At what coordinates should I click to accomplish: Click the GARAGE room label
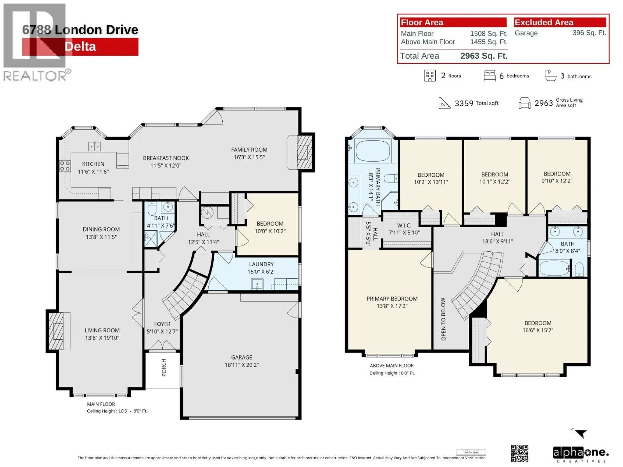pyautogui.click(x=241, y=357)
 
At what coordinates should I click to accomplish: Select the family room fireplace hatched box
pyautogui.click(x=305, y=152)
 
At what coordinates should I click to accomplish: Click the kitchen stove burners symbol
pyautogui.click(x=65, y=166)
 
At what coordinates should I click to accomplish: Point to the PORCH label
pyautogui.click(x=164, y=367)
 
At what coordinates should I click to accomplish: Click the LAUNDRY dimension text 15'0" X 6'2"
pyautogui.click(x=261, y=272)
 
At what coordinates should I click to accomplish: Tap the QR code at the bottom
pyautogui.click(x=519, y=453)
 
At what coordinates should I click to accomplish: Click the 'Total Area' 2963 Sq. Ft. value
pyautogui.click(x=484, y=56)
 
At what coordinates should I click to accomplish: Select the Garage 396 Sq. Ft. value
pyautogui.click(x=589, y=33)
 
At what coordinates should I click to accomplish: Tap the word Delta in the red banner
pyautogui.click(x=80, y=47)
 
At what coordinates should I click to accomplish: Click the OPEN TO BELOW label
pyautogui.click(x=443, y=319)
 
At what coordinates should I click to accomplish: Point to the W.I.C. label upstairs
pyautogui.click(x=404, y=225)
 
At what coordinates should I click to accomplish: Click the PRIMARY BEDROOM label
pyautogui.click(x=392, y=298)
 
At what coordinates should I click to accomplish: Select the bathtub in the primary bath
pyautogui.click(x=373, y=151)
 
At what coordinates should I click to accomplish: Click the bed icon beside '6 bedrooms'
pyautogui.click(x=489, y=76)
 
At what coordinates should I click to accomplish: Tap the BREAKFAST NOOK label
pyautogui.click(x=166, y=158)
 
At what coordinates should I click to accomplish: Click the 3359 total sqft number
pyautogui.click(x=464, y=104)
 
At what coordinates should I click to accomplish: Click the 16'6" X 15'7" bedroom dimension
pyautogui.click(x=538, y=330)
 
